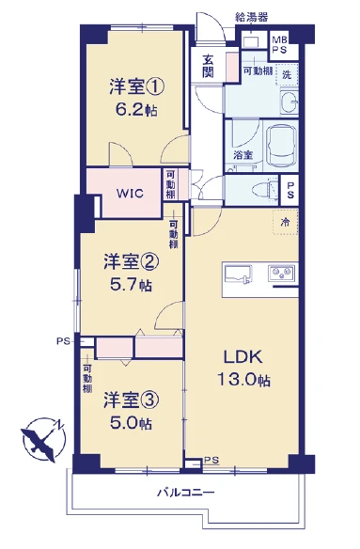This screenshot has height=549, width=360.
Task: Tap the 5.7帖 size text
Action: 131,286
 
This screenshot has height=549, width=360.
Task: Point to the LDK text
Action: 243,357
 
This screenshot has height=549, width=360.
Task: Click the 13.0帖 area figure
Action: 243,379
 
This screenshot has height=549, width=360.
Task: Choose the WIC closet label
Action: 130,193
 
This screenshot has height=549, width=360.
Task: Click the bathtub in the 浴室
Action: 281,146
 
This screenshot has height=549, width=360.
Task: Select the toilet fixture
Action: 265,190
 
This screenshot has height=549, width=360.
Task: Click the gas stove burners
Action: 282,273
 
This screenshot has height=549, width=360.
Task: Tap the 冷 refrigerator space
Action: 286,222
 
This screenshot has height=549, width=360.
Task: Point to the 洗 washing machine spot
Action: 287,74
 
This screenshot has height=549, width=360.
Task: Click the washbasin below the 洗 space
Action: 290,102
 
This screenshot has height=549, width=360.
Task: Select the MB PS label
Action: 279,45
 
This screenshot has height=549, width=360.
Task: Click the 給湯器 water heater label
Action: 252,17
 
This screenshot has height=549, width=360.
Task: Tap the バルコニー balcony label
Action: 185,493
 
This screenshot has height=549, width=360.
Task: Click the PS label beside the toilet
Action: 290,190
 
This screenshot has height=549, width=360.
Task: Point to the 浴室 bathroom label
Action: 243,155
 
